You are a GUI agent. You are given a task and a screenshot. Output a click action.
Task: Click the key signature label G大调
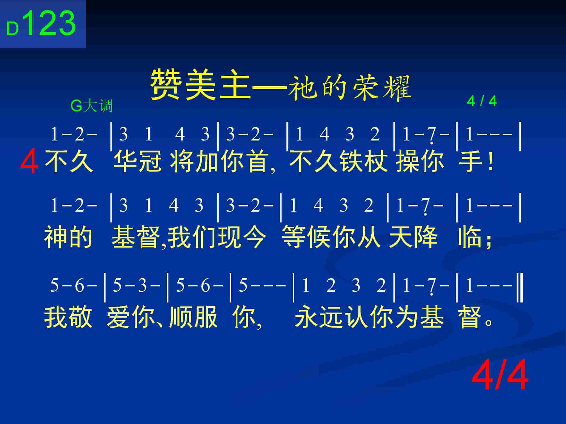coord(92,106)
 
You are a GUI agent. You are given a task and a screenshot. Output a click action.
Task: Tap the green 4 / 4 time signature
coord(482,101)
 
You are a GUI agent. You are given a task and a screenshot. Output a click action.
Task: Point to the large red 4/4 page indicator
coord(500,375)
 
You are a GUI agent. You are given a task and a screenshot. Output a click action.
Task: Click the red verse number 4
coord(29,163)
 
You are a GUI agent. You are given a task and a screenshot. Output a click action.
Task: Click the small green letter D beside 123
coord(12,29)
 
